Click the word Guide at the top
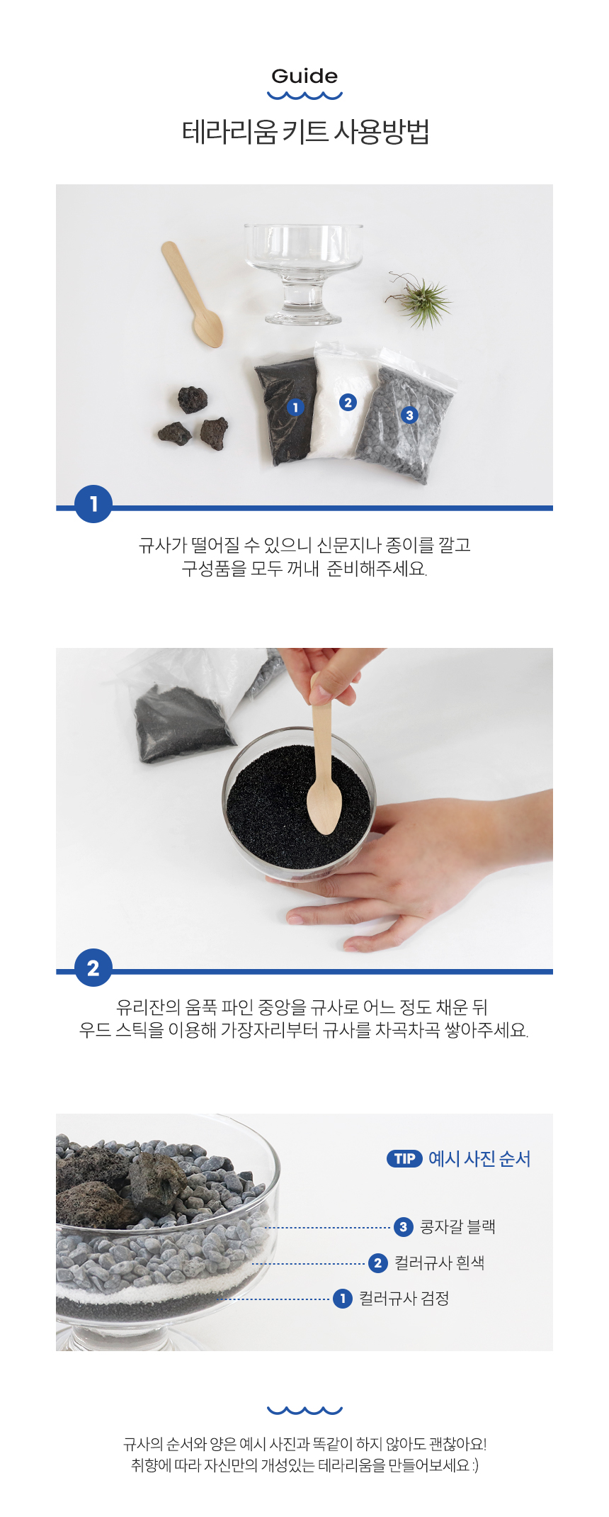coord(304,76)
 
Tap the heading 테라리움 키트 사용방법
coord(305,133)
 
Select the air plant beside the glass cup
coord(420,300)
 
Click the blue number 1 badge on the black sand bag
coord(295,407)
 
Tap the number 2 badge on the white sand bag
coord(347,402)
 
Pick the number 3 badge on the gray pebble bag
coord(409,415)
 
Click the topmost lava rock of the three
coord(192,399)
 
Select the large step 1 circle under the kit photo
coord(93,504)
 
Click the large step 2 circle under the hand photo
coord(93,968)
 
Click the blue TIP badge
coord(404,1158)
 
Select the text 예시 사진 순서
coord(479,1158)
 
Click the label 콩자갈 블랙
coord(457,1226)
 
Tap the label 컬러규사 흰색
coord(439,1263)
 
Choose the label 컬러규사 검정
coord(404,1298)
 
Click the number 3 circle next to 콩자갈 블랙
coord(404,1226)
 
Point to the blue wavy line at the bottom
coord(304,1409)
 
